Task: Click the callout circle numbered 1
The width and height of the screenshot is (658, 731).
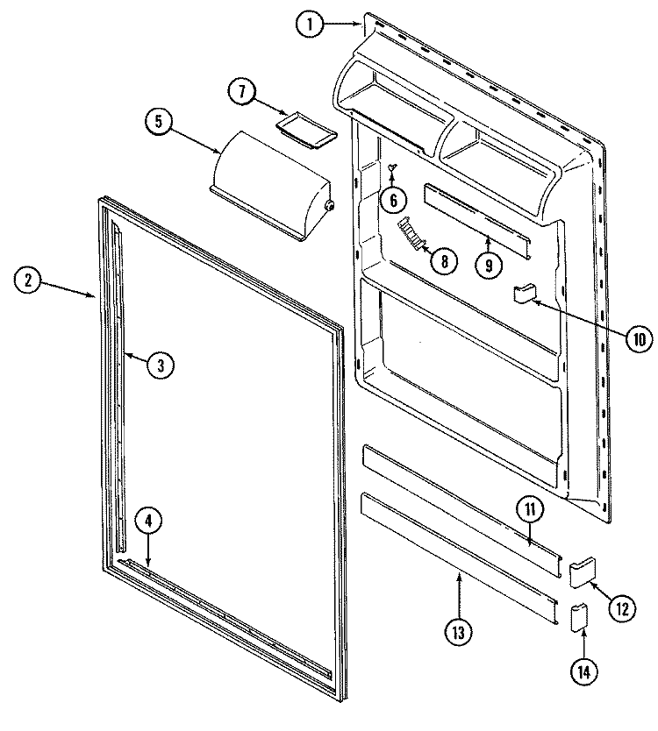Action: click(310, 25)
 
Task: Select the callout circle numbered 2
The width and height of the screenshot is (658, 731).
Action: click(28, 280)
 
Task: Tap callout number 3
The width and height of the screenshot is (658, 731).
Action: click(161, 365)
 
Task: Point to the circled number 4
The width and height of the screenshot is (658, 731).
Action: click(148, 522)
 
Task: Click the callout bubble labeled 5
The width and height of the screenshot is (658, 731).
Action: click(159, 122)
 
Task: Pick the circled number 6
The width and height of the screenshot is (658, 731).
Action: click(393, 200)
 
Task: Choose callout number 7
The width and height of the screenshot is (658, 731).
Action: click(242, 91)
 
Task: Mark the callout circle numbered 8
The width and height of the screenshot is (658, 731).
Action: click(444, 261)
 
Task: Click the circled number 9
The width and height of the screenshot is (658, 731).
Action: click(489, 265)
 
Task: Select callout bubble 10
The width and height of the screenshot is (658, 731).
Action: click(639, 339)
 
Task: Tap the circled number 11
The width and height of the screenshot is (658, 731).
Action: click(531, 509)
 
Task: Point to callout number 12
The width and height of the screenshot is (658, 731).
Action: click(623, 607)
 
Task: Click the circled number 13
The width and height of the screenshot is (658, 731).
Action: click(458, 632)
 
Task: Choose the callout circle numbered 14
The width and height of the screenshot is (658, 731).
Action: click(583, 671)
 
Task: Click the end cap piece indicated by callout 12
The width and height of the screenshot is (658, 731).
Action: click(583, 571)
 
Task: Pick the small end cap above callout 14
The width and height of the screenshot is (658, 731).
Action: click(579, 618)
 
